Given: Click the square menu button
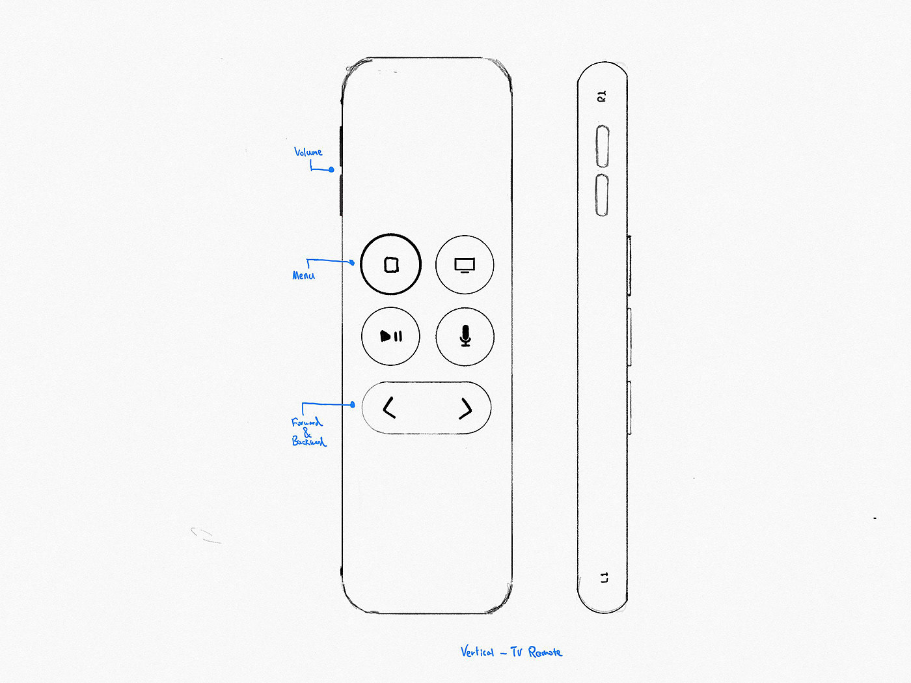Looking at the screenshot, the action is click(x=391, y=264).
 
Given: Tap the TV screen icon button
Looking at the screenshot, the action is click(x=465, y=264).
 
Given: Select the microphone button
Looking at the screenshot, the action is click(x=465, y=337).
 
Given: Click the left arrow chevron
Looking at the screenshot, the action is click(x=389, y=408).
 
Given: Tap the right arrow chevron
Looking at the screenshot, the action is click(x=465, y=408).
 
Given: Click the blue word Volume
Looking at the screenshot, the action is click(x=308, y=152).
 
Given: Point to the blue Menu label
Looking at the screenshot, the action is click(x=303, y=275).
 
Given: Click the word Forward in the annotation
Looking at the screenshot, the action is click(x=306, y=422).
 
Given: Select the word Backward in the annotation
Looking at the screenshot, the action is click(x=308, y=441).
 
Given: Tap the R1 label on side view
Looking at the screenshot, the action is click(x=602, y=96).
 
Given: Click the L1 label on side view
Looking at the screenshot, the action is click(x=604, y=578).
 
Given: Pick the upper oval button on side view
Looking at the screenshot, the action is click(x=603, y=146).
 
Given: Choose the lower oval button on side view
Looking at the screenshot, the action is click(x=603, y=195).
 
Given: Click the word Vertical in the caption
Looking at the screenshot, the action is click(x=477, y=652).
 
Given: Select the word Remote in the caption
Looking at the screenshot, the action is click(x=545, y=652).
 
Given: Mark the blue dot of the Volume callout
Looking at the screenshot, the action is click(x=331, y=169).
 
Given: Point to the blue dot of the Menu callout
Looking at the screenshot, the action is click(x=352, y=262).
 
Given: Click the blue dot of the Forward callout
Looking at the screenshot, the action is click(x=353, y=404).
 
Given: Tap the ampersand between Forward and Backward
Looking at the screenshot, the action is click(x=308, y=432).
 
